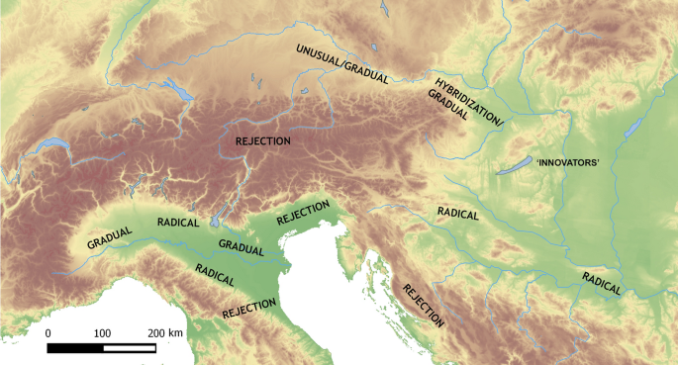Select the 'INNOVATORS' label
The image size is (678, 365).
pyautogui.click(x=568, y=162)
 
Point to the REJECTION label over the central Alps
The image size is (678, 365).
pyautogui.click(x=263, y=141)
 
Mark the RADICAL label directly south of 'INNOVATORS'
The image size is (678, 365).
pyautogui.click(x=457, y=214)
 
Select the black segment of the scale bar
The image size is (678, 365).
pyautogui.click(x=75, y=348)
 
